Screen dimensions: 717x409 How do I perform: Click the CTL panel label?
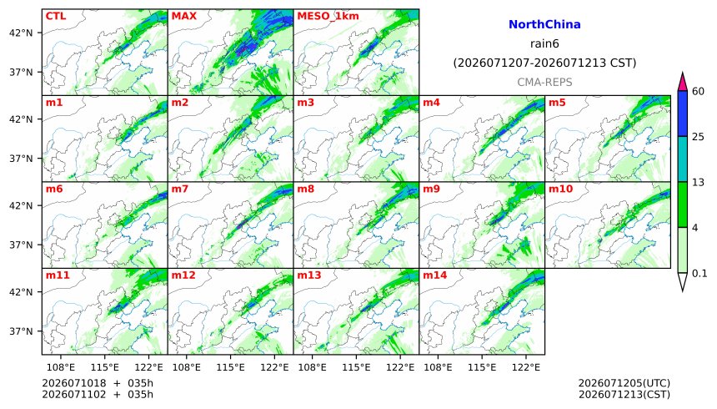pyautogui.click(x=56, y=16)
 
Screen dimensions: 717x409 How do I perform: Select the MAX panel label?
pyautogui.click(x=183, y=16)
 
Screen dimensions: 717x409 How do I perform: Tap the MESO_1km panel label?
pyautogui.click(x=328, y=16)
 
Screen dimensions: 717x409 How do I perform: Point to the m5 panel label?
pyautogui.click(x=557, y=102)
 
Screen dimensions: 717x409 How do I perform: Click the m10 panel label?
pyautogui.click(x=560, y=189)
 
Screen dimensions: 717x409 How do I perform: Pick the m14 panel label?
pyautogui.click(x=434, y=275)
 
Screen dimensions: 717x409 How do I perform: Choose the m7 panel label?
pyautogui.click(x=180, y=189)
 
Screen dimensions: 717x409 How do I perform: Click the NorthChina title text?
pyautogui.click(x=544, y=24)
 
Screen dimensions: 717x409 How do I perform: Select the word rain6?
pyautogui.click(x=544, y=44)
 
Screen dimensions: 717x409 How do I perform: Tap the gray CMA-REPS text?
pyautogui.click(x=544, y=82)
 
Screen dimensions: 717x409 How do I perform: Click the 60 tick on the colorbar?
pyautogui.click(x=699, y=91)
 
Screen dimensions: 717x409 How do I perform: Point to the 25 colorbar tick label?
pyautogui.click(x=699, y=137)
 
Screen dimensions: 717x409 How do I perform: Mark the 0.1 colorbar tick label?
pyautogui.click(x=699, y=274)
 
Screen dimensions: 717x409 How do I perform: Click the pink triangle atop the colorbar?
pyautogui.click(x=683, y=83)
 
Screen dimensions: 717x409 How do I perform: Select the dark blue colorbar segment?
pyautogui.click(x=683, y=114)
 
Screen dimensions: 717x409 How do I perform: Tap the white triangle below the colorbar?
pyautogui.click(x=683, y=280)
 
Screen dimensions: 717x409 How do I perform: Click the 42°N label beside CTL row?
pyautogui.click(x=21, y=33)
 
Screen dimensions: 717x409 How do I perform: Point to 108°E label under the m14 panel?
pyautogui.click(x=439, y=367)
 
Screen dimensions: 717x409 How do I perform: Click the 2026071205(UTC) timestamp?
pyautogui.click(x=624, y=383)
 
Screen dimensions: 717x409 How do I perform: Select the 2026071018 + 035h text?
pyautogui.click(x=98, y=383)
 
